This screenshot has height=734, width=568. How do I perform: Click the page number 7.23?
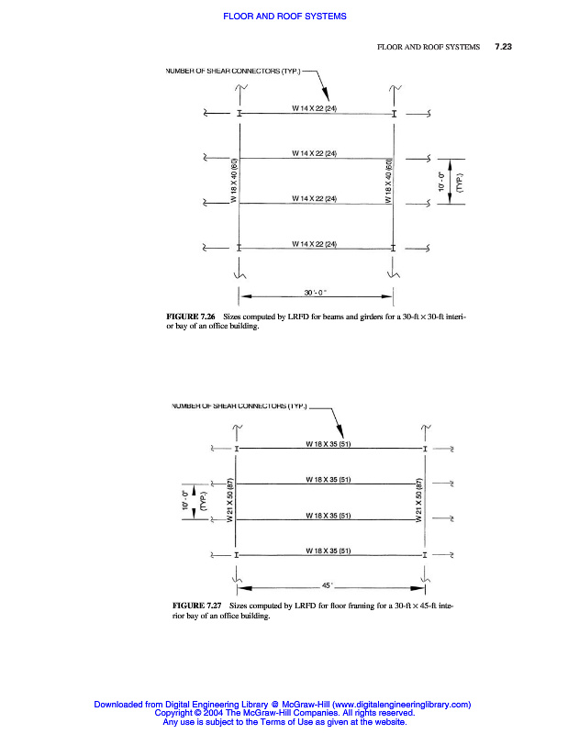pyautogui.click(x=502, y=45)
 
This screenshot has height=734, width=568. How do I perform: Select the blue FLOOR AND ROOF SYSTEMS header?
pyautogui.click(x=284, y=17)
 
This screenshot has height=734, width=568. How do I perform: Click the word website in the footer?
pyautogui.click(x=385, y=722)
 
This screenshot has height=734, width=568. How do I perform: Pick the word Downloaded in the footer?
pyautogui.click(x=121, y=704)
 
